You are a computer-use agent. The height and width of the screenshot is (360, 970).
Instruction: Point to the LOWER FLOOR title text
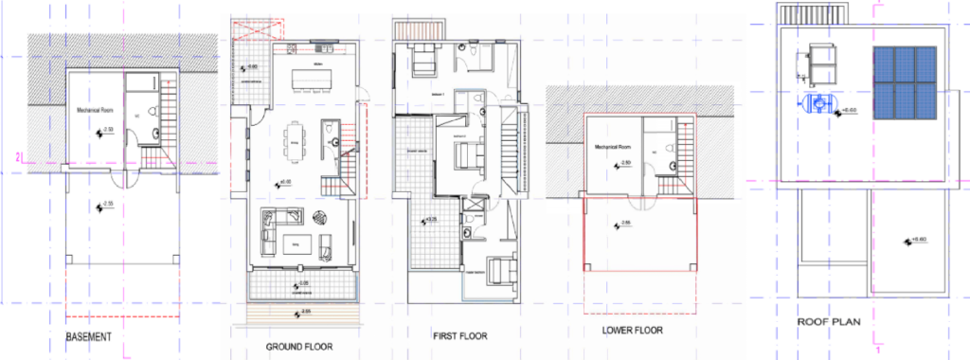(x=632, y=330)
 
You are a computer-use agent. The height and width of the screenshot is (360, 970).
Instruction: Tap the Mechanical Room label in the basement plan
(x=97, y=110)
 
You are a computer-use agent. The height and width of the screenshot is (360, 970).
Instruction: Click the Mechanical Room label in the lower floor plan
(x=613, y=148)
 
